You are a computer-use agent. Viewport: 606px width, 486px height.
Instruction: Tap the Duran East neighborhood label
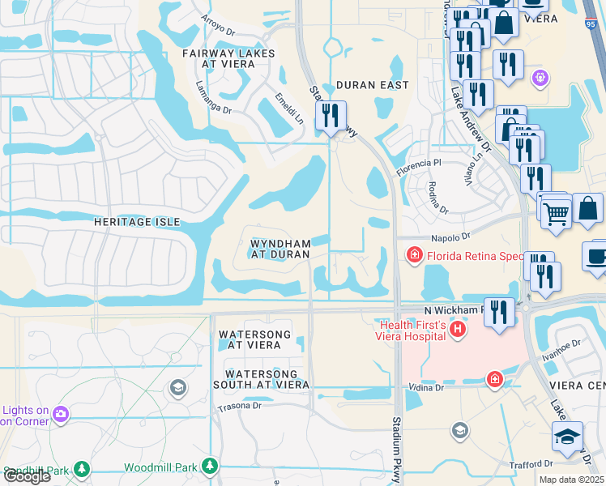coord(372,85)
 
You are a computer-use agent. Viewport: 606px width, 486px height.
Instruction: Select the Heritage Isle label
coord(135,221)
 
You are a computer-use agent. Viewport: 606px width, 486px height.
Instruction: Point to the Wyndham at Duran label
coord(280,249)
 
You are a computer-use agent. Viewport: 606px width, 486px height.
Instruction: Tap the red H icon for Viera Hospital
coord(458,329)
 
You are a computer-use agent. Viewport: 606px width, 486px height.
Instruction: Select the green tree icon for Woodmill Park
coord(210,467)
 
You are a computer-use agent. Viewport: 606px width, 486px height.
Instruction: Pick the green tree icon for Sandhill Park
coord(81,468)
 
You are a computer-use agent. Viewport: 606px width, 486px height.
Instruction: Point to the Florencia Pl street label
coord(417,167)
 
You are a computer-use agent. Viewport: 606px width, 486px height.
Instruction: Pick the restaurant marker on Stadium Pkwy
coord(330,116)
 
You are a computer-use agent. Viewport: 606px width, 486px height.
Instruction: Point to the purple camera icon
coord(60,415)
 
